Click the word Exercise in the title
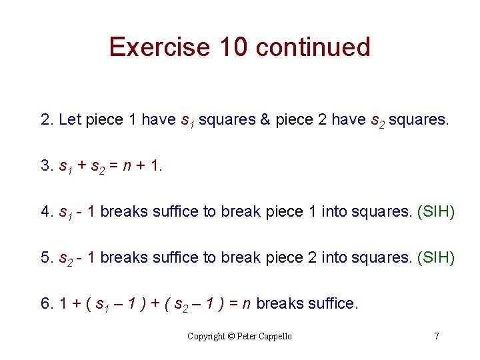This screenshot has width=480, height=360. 159,47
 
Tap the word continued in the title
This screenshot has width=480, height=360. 313,47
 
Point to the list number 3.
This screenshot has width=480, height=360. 45,166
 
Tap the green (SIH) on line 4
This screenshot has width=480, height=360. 435,212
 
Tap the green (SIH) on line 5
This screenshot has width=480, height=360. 435,258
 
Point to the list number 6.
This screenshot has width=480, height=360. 45,304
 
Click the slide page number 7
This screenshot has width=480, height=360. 437,336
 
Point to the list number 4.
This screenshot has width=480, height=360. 45,212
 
